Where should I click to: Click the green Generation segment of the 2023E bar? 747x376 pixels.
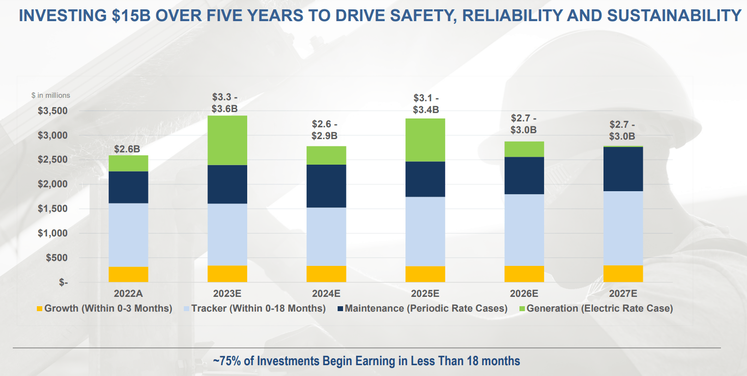tap(227, 141)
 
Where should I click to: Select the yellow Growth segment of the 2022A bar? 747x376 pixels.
tap(128, 274)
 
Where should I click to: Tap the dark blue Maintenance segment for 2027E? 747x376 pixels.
tap(623, 169)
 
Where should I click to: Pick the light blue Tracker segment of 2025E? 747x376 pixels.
tap(425, 231)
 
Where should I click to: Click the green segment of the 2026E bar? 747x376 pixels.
tap(524, 149)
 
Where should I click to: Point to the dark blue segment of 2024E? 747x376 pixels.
tap(326, 186)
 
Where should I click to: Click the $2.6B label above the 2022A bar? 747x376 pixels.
tap(128, 149)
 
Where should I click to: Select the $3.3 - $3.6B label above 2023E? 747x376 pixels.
tap(225, 103)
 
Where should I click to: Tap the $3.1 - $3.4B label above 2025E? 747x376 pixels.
tap(426, 104)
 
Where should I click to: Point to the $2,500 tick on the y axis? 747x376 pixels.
tap(53, 160)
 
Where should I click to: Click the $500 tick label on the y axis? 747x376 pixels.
tap(57, 258)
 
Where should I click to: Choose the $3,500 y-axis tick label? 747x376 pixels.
tap(53, 111)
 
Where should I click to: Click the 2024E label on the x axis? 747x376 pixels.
tap(326, 294)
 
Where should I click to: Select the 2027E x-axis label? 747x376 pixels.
tap(623, 294)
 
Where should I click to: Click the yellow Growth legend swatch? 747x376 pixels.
tap(40, 309)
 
